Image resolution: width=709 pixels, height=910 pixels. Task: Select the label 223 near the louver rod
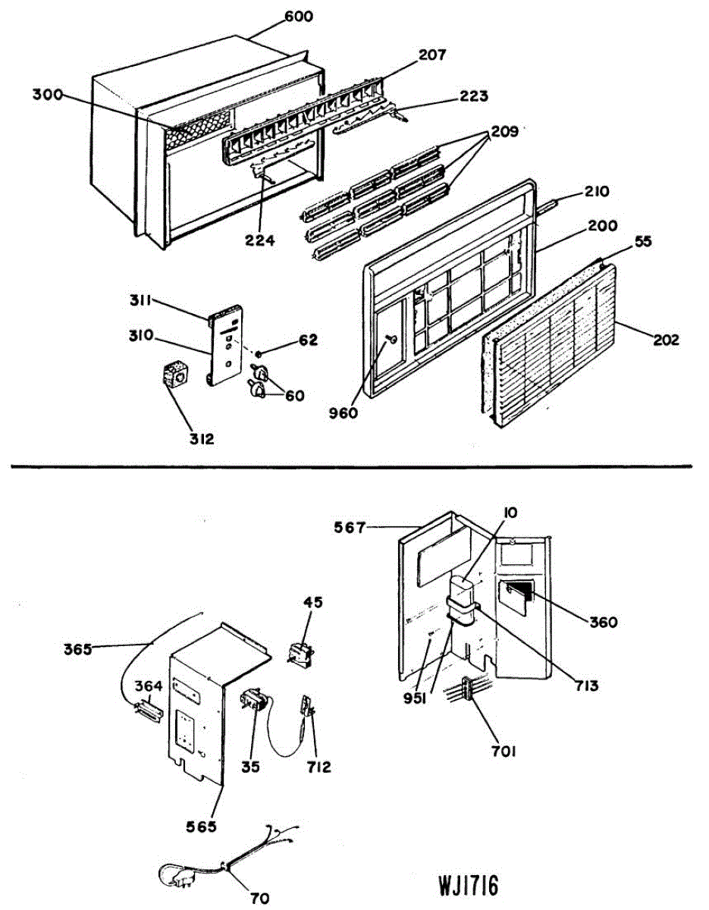[473, 96]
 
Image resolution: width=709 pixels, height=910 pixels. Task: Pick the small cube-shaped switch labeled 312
[175, 375]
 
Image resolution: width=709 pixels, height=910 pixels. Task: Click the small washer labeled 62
[259, 353]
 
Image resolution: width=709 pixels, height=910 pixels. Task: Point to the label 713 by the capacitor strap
[586, 686]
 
